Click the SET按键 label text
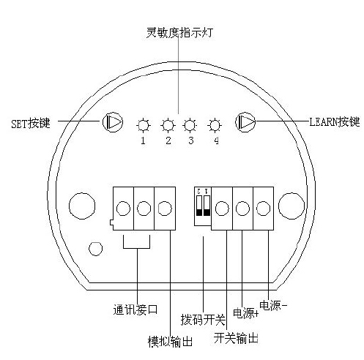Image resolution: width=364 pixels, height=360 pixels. (x=31, y=124)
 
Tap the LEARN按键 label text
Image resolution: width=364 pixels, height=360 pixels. (x=335, y=121)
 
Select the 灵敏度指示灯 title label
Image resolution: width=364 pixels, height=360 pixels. (x=180, y=33)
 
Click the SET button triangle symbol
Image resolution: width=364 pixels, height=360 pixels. (x=113, y=122)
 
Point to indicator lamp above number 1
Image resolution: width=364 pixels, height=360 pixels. (x=144, y=126)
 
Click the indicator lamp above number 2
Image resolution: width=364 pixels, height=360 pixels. (x=168, y=126)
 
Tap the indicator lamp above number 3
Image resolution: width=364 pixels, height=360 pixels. (x=190, y=125)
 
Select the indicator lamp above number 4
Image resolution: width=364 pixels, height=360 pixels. (x=215, y=126)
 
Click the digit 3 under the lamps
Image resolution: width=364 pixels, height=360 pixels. (x=191, y=140)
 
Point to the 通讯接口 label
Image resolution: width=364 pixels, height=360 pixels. (x=135, y=310)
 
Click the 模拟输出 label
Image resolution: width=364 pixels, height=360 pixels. (x=170, y=342)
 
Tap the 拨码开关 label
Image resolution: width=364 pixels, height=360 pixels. (x=203, y=320)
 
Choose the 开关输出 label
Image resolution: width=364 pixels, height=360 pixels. (x=236, y=338)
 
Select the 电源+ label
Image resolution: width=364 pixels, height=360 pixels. (x=245, y=313)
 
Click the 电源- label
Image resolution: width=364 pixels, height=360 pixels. (x=273, y=305)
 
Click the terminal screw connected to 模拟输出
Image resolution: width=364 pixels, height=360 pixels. (x=165, y=209)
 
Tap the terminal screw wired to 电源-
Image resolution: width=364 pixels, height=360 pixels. (x=263, y=209)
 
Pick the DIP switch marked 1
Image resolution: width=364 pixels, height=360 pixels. (x=207, y=206)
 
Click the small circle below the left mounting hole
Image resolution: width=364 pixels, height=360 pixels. (x=95, y=249)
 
